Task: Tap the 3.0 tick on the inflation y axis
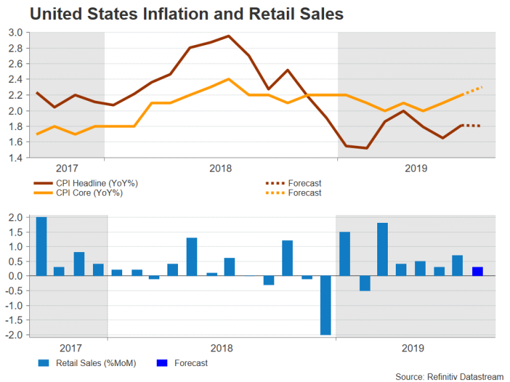click(x=16, y=32)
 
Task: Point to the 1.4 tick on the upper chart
click(x=16, y=158)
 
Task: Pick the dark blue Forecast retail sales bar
click(x=477, y=271)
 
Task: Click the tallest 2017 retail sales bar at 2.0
click(x=41, y=246)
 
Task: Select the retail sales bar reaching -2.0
click(x=325, y=305)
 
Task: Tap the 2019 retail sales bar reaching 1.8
click(x=382, y=249)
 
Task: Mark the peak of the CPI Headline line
click(x=228, y=36)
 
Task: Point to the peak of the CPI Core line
click(x=228, y=79)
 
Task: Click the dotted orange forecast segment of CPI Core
click(x=472, y=92)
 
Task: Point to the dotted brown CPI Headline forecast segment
click(x=472, y=126)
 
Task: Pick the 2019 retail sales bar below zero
click(x=364, y=283)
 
